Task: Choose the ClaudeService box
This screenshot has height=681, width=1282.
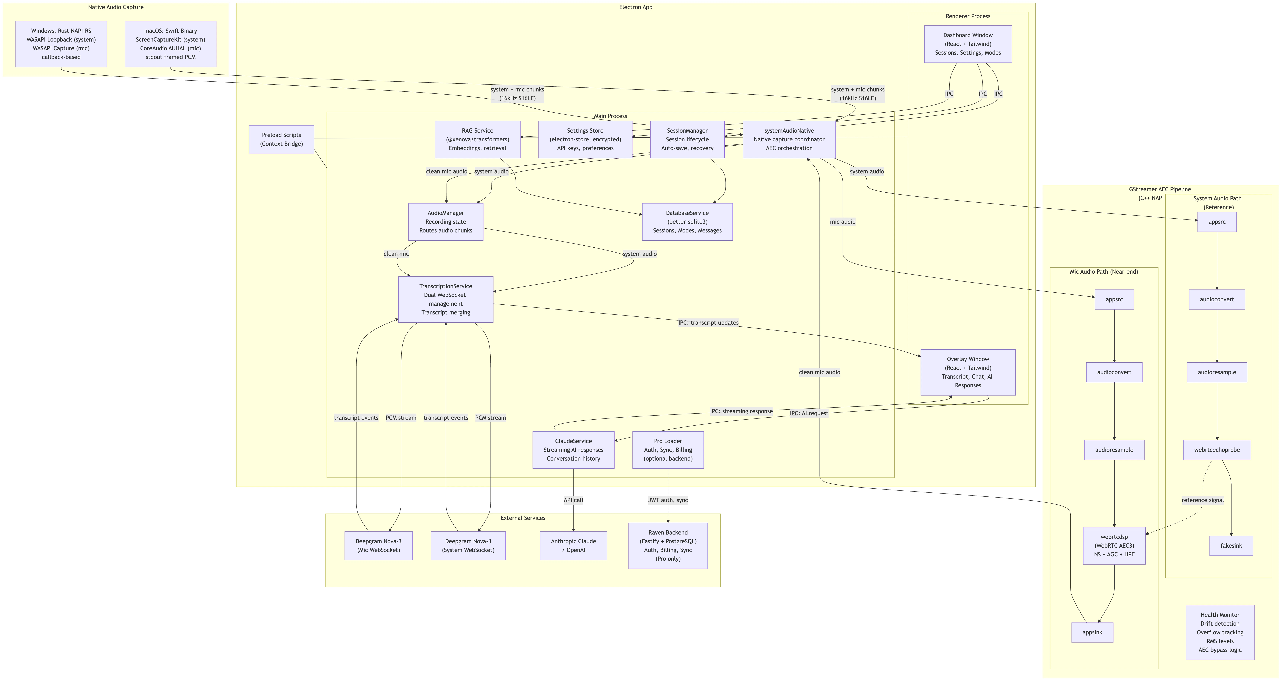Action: tap(573, 449)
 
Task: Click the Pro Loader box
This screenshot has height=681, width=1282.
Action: tap(668, 449)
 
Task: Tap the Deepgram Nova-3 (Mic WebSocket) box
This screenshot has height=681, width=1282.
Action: tap(378, 546)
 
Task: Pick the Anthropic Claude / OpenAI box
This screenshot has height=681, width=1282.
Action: tap(573, 546)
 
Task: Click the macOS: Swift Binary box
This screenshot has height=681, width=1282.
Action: tap(170, 44)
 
